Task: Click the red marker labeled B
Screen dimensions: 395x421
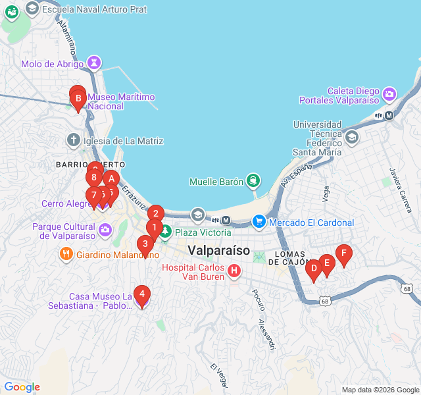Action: [78, 100]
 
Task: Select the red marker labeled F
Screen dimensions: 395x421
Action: [343, 253]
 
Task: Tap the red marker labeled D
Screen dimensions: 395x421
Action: [314, 269]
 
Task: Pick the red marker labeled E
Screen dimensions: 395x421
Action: [327, 263]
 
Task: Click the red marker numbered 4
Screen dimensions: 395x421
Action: [141, 294]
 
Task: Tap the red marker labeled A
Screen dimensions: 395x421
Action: [111, 178]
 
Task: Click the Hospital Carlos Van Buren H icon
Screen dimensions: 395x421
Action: [234, 271]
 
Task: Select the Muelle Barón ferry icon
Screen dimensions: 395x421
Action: [253, 181]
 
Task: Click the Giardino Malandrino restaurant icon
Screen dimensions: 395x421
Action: [66, 254]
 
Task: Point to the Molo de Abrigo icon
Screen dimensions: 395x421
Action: [95, 64]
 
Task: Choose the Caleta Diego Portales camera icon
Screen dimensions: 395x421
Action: [389, 93]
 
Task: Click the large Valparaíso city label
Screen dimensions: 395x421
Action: [218, 250]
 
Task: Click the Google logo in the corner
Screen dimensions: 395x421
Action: [22, 387]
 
